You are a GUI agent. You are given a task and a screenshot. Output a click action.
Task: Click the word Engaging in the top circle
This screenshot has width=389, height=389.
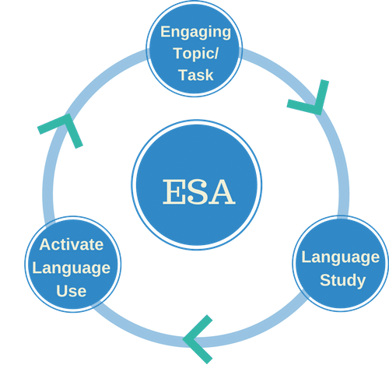tap(196, 33)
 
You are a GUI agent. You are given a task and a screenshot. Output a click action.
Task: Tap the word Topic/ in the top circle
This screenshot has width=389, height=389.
tap(196, 54)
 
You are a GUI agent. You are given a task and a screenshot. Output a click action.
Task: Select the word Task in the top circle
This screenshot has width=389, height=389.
tap(196, 75)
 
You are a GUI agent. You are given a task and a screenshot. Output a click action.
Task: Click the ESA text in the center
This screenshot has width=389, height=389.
tap(199, 191)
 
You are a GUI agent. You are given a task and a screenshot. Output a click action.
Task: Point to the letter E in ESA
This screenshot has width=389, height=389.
tap(173, 191)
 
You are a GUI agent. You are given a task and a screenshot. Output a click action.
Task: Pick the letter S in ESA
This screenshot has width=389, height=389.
tap(198, 191)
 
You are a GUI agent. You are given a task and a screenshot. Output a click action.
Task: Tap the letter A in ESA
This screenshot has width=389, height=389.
tap(222, 191)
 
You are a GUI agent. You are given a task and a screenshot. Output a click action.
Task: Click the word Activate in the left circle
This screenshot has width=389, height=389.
tap(72, 244)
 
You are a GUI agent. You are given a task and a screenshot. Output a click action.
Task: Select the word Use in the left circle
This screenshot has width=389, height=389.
tap(72, 291)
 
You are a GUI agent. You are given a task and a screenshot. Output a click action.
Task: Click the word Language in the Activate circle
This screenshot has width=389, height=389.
tap(72, 268)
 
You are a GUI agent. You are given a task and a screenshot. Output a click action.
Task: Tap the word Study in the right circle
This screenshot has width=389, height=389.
tap(342, 281)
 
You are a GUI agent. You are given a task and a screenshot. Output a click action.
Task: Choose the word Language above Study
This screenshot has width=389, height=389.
tap(341, 258)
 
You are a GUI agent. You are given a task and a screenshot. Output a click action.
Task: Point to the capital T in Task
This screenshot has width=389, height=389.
tap(184, 75)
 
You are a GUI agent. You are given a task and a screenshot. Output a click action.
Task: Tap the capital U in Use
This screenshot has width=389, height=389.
tap(61, 291)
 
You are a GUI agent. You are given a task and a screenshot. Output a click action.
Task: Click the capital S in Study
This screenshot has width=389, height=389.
tap(325, 280)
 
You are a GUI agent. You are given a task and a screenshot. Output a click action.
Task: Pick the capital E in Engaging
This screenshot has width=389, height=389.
tap(165, 31)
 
